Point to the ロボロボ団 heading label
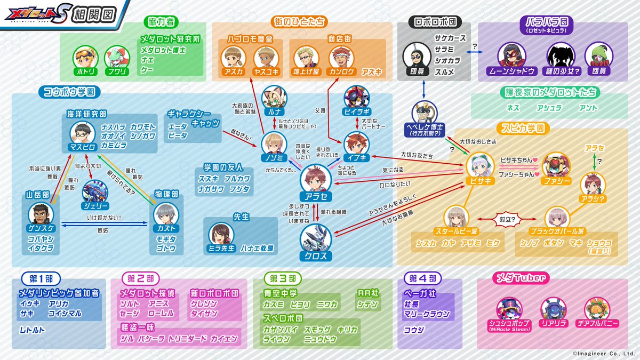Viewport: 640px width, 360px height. point(434,23)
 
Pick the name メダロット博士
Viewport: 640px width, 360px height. point(163,50)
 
